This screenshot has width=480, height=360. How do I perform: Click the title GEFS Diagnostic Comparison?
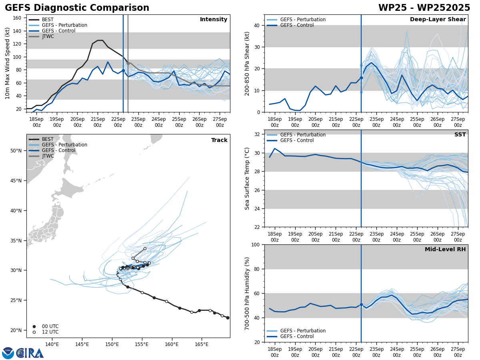[77, 8]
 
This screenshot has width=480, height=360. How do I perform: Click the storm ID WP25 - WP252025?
[424, 8]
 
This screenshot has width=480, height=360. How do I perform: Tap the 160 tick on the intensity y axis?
[18, 18]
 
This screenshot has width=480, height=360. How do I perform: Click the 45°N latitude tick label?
[16, 181]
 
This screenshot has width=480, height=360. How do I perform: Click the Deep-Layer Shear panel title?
[438, 20]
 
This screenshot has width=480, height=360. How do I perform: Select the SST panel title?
[460, 135]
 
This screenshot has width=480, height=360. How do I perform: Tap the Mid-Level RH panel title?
[445, 250]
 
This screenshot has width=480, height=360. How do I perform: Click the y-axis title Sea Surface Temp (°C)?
[247, 178]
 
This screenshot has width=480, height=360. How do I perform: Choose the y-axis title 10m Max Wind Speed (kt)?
[8, 63]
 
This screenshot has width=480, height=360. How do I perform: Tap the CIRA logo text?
[30, 353]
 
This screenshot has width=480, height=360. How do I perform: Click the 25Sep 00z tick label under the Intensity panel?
[179, 122]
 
